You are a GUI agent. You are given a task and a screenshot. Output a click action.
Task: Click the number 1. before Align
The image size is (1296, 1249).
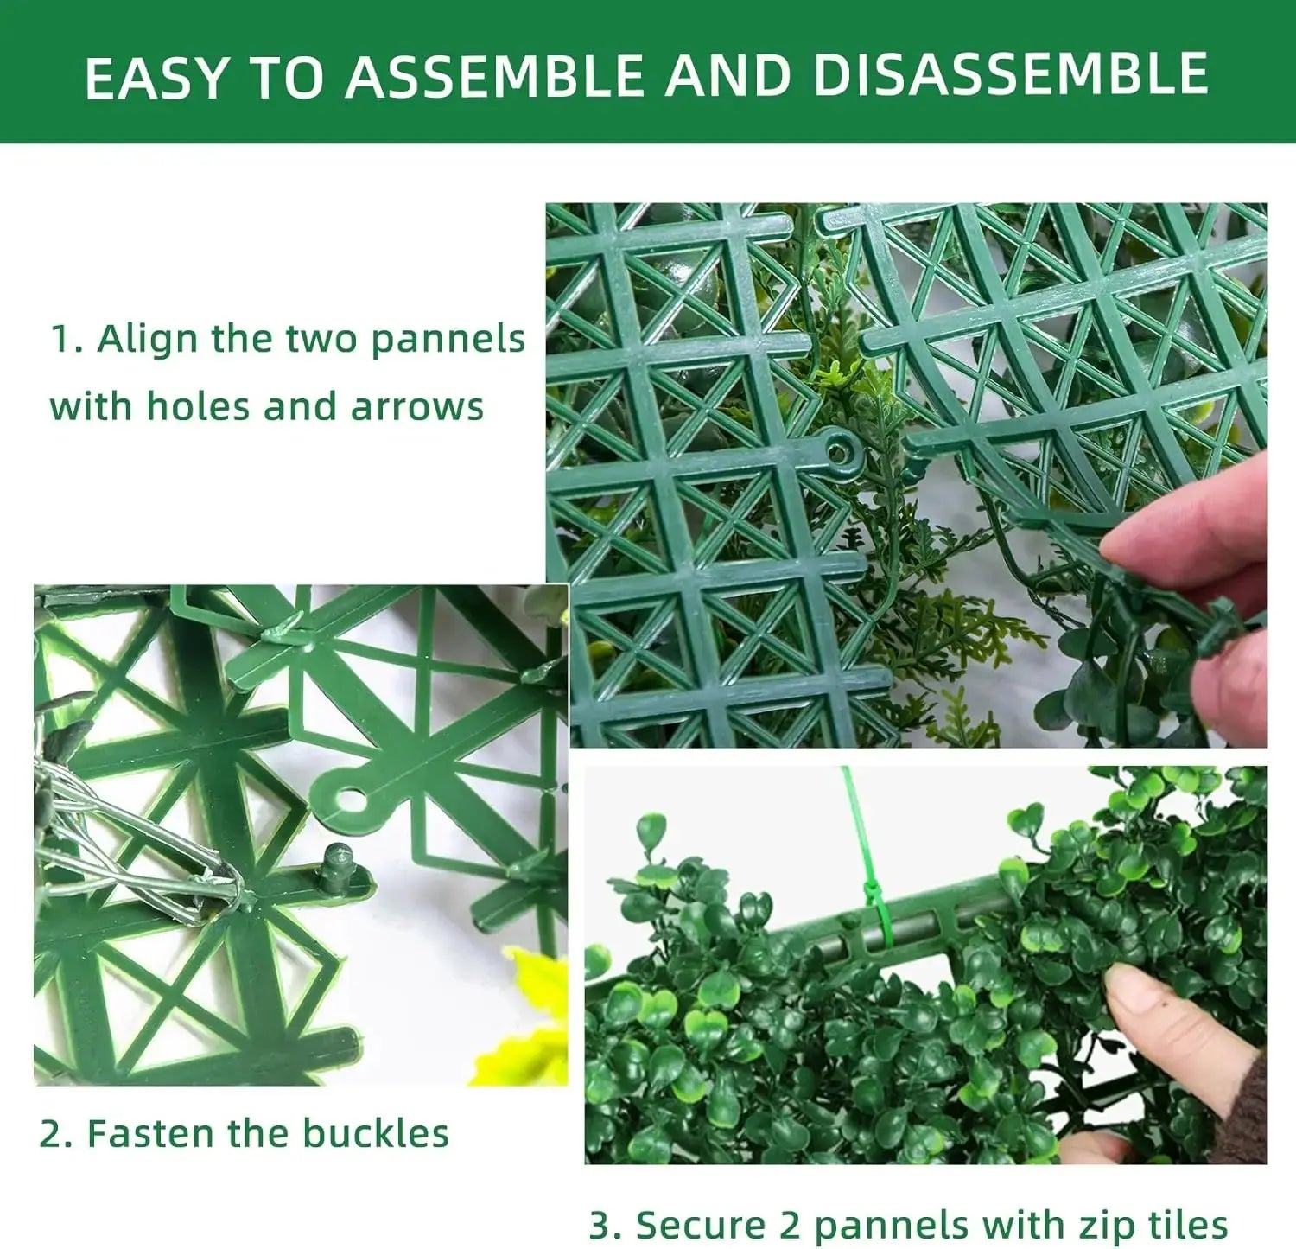pyautogui.click(x=67, y=339)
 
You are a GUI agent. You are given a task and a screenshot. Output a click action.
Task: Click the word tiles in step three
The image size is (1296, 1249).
pyautogui.click(x=1188, y=1225)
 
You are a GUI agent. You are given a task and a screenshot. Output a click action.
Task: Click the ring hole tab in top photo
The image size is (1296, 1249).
pyautogui.click(x=838, y=450)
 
